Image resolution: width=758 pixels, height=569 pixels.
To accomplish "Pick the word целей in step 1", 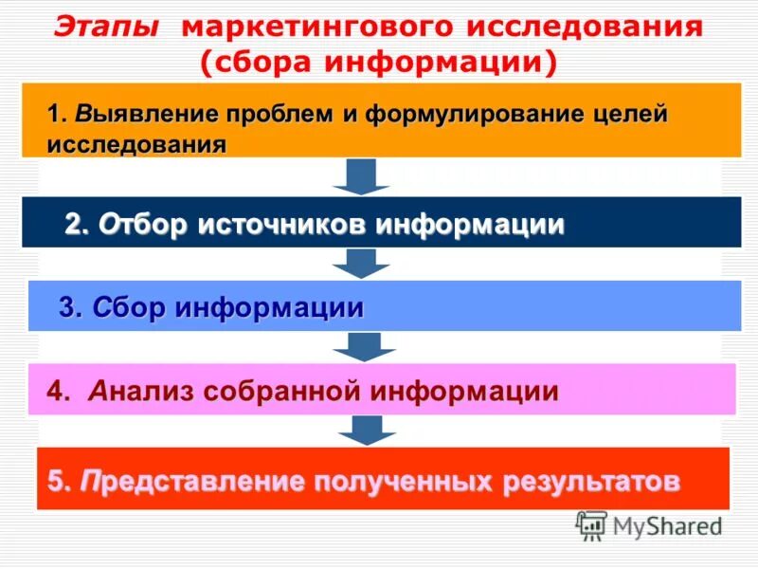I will [x=628, y=115].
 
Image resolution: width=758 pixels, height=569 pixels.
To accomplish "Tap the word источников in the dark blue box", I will [x=284, y=225].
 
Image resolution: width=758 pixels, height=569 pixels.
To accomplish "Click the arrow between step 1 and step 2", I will [x=363, y=175].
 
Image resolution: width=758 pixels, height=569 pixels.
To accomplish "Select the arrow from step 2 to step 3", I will [x=363, y=262].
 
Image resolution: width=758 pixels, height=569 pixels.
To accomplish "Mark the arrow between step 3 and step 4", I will [x=363, y=345].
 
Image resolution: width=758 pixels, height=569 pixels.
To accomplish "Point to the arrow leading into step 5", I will [x=363, y=429].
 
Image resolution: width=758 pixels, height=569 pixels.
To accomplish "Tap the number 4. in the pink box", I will [x=59, y=391].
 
